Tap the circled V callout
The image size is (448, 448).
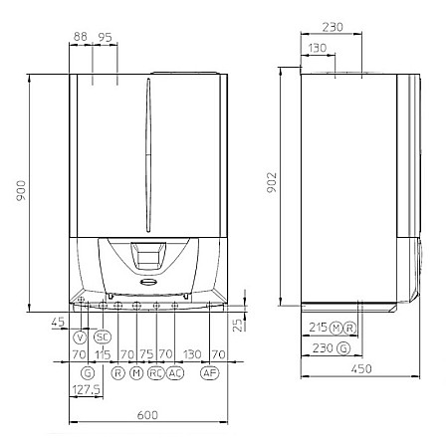pyautogui.click(x=81, y=337)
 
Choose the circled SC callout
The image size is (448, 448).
pyautogui.click(x=102, y=337)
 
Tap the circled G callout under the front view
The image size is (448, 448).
pyautogui.click(x=88, y=372)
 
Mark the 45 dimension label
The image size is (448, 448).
pyautogui.click(x=57, y=322)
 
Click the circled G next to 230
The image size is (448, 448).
pyautogui.click(x=343, y=347)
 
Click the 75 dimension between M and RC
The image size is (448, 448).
pyautogui.click(x=146, y=354)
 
